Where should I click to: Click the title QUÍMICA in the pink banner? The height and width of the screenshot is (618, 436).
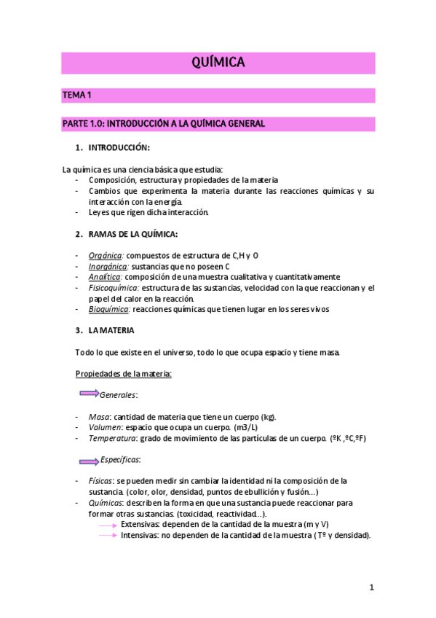[x=218, y=63]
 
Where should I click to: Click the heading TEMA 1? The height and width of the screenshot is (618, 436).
[x=76, y=95]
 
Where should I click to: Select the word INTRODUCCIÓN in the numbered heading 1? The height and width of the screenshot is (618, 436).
[x=119, y=148]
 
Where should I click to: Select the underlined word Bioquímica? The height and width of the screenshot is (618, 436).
[x=108, y=309]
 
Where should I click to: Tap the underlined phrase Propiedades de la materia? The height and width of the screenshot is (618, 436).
[x=123, y=374]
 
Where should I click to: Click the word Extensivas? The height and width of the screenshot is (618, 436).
[x=140, y=524]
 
